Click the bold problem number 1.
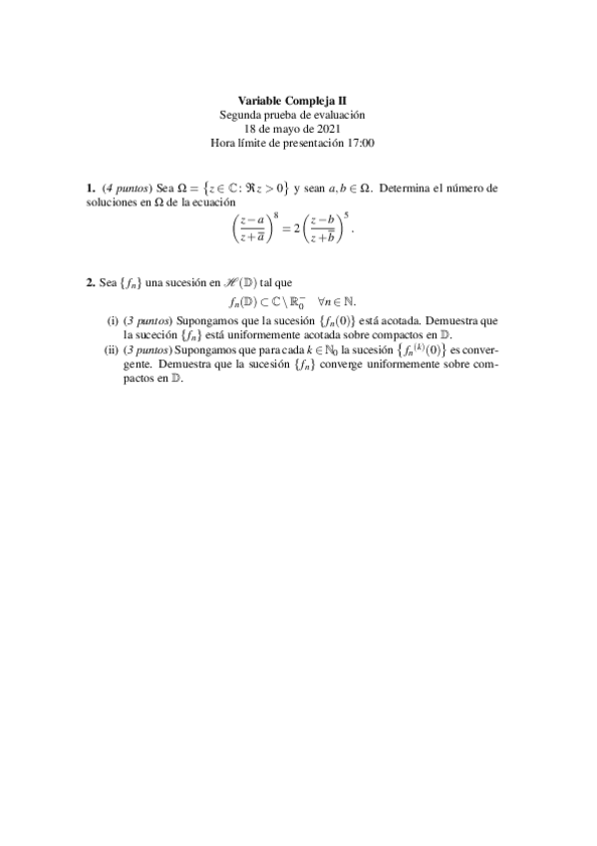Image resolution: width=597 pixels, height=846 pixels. coord(91,187)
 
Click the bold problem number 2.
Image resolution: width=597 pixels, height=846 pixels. coord(91,283)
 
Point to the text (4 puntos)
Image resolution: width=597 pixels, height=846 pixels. coord(127,187)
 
